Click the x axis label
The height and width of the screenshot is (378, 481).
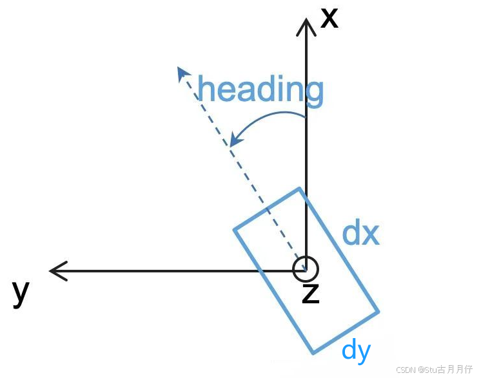329,17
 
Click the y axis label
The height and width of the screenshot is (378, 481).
21,293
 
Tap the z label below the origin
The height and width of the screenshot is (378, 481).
311,293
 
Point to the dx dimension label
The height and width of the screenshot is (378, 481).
360,233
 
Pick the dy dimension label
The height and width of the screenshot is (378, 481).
357,350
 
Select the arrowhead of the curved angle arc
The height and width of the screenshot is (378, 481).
237,140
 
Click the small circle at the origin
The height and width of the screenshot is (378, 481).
305,269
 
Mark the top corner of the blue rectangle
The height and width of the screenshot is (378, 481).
299,189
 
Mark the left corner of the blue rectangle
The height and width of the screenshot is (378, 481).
233,229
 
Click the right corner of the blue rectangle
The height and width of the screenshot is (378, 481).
378,312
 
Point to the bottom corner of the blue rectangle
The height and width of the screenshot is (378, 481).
313,353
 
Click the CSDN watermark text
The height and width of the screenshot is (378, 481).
435,370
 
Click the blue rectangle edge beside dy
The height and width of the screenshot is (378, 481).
346,333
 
